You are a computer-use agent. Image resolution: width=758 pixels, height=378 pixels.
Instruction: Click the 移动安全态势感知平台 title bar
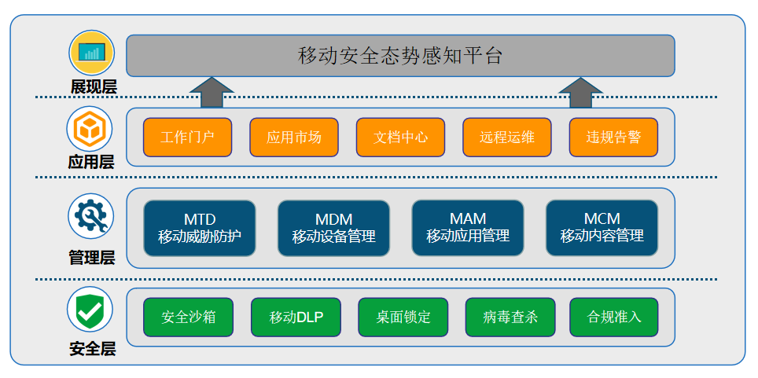400,56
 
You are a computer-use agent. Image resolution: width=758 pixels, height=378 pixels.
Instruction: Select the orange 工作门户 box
187,138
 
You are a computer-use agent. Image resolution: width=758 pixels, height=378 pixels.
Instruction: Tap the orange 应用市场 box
294,138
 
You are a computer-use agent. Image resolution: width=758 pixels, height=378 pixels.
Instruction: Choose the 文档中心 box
400,138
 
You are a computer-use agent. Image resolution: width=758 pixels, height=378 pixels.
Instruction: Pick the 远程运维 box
507,138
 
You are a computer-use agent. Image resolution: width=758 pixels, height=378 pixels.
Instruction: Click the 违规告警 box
613,138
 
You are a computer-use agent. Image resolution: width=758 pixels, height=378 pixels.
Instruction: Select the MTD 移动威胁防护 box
199,228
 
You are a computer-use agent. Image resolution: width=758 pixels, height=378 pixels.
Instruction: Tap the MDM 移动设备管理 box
333,228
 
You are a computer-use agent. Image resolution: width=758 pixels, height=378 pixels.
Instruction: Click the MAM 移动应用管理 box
468,228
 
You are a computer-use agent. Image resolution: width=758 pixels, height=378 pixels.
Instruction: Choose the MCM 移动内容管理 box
602,228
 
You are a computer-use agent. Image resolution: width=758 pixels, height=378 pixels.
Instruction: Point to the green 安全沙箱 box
188,317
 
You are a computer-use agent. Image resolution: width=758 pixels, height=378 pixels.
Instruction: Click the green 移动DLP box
296,317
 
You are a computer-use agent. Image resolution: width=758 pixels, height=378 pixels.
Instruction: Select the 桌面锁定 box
403,317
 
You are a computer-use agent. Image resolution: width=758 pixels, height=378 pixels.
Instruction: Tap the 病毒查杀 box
510,317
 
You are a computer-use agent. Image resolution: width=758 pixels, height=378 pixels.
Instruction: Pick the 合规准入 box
614,317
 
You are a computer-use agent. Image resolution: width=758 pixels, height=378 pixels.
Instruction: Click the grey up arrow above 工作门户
212,92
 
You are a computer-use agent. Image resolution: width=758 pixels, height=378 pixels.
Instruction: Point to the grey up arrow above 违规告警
580,92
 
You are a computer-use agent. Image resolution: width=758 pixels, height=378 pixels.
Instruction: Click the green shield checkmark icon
90,310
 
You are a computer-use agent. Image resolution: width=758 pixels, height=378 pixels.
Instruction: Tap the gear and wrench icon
91,216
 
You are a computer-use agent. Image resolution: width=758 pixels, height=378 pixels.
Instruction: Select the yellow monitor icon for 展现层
92,52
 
